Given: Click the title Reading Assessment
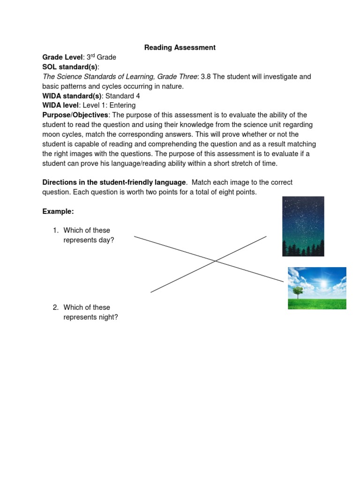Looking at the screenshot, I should [180, 47].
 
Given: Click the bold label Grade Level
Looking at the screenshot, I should [62, 57].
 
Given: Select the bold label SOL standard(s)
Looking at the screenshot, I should [70, 67].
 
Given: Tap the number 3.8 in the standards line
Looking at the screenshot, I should [206, 76].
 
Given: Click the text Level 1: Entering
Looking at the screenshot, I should [109, 105].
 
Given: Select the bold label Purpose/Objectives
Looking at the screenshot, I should [75, 115].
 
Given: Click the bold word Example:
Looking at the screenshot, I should [58, 211].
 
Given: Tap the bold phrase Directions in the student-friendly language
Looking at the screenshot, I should [114, 182].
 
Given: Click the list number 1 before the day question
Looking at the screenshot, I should [55, 230].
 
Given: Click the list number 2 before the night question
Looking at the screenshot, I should [55, 307].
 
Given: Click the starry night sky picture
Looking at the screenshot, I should [303, 220].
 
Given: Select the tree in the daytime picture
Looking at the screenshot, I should [297, 292].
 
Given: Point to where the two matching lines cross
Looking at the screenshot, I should [215, 261].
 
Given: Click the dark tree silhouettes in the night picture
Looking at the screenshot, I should [303, 248].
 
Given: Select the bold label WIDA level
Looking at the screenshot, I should [60, 105].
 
